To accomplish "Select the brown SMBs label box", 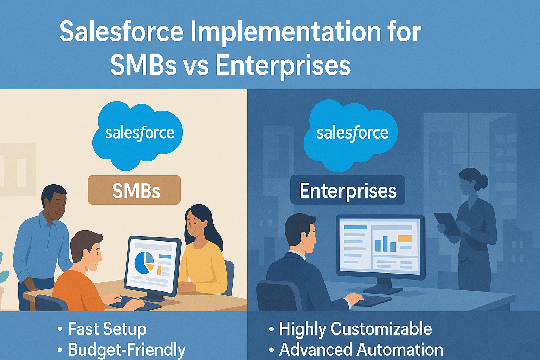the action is [x=134, y=190].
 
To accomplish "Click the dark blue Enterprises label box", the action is [x=348, y=190].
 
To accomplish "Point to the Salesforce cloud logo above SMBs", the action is [x=138, y=135].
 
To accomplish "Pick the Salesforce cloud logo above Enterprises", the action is [x=351, y=135].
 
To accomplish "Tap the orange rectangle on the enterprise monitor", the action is [x=405, y=238].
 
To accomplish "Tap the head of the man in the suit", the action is [x=301, y=233].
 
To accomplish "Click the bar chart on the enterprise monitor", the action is [x=385, y=244].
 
